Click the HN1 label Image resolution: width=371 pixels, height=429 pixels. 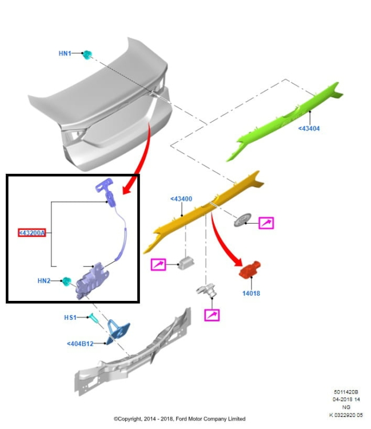pos(65,53)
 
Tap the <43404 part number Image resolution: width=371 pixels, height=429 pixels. pos(309,129)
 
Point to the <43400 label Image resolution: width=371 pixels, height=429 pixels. pos(181,199)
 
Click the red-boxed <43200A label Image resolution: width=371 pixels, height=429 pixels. pos(32,233)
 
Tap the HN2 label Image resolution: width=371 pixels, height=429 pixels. pos(44,281)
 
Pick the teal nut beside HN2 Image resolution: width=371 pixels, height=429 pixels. pos(66,280)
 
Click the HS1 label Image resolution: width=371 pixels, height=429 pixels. pos(70,317)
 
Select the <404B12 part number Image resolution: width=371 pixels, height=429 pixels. pos(80,344)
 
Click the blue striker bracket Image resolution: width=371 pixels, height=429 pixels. pos(118,331)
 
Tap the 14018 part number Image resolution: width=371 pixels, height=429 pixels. pos(251,293)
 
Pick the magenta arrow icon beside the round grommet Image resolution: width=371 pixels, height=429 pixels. pos(266,223)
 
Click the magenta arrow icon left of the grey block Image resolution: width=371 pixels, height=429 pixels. pos(158,265)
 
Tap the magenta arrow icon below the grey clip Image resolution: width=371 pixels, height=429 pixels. pos(212,315)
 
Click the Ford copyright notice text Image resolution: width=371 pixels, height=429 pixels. pos(179,419)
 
